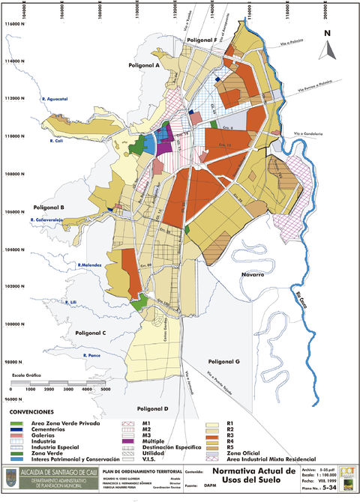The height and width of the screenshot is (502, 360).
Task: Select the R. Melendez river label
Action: (x=88, y=265)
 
